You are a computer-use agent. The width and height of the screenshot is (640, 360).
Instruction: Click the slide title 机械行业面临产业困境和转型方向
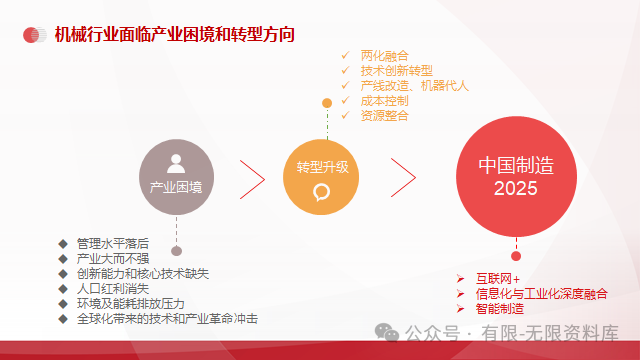coord(174,35)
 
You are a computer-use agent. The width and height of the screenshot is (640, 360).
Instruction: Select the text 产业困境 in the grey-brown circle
coord(176,186)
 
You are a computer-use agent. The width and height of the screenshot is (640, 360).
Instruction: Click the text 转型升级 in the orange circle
coord(322,166)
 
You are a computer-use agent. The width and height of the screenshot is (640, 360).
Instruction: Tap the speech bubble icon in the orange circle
coord(322,191)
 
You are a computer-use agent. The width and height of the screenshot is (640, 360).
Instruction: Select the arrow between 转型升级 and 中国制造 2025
coord(402,177)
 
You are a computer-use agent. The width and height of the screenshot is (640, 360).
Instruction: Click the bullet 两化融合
coord(384,55)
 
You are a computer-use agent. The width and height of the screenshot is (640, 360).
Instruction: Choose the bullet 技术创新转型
coord(397,70)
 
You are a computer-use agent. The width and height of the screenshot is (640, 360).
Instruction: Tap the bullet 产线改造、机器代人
coord(414,85)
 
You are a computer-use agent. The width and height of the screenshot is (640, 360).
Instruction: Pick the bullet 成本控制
coord(384,100)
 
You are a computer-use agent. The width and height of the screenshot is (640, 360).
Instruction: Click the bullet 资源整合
coord(384,115)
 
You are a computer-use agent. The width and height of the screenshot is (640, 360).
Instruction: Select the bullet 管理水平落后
coord(113,243)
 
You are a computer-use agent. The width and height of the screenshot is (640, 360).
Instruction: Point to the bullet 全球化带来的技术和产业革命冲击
coord(167,318)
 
